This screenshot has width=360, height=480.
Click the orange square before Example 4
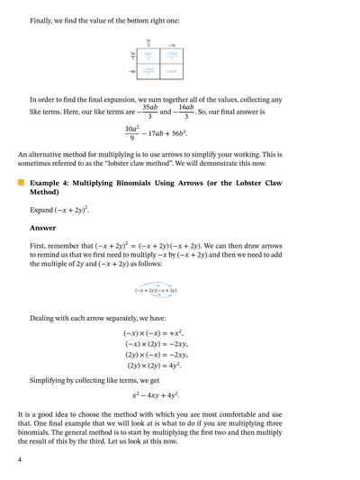21,182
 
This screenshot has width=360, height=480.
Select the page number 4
20,459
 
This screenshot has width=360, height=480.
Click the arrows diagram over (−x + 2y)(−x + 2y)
156,288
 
